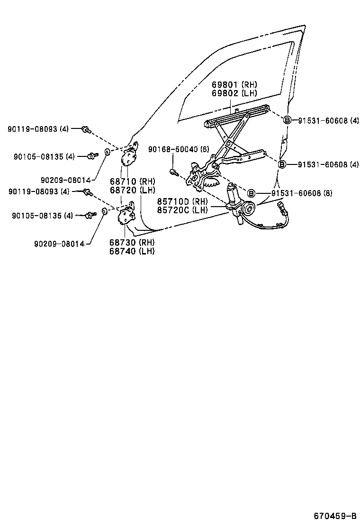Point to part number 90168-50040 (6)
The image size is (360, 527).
(179, 149)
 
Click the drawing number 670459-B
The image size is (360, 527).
(334, 516)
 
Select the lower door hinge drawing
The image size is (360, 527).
(127, 216)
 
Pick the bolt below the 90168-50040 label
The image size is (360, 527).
(173, 172)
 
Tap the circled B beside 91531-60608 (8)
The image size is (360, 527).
(252, 193)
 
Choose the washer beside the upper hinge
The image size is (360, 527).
(107, 152)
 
